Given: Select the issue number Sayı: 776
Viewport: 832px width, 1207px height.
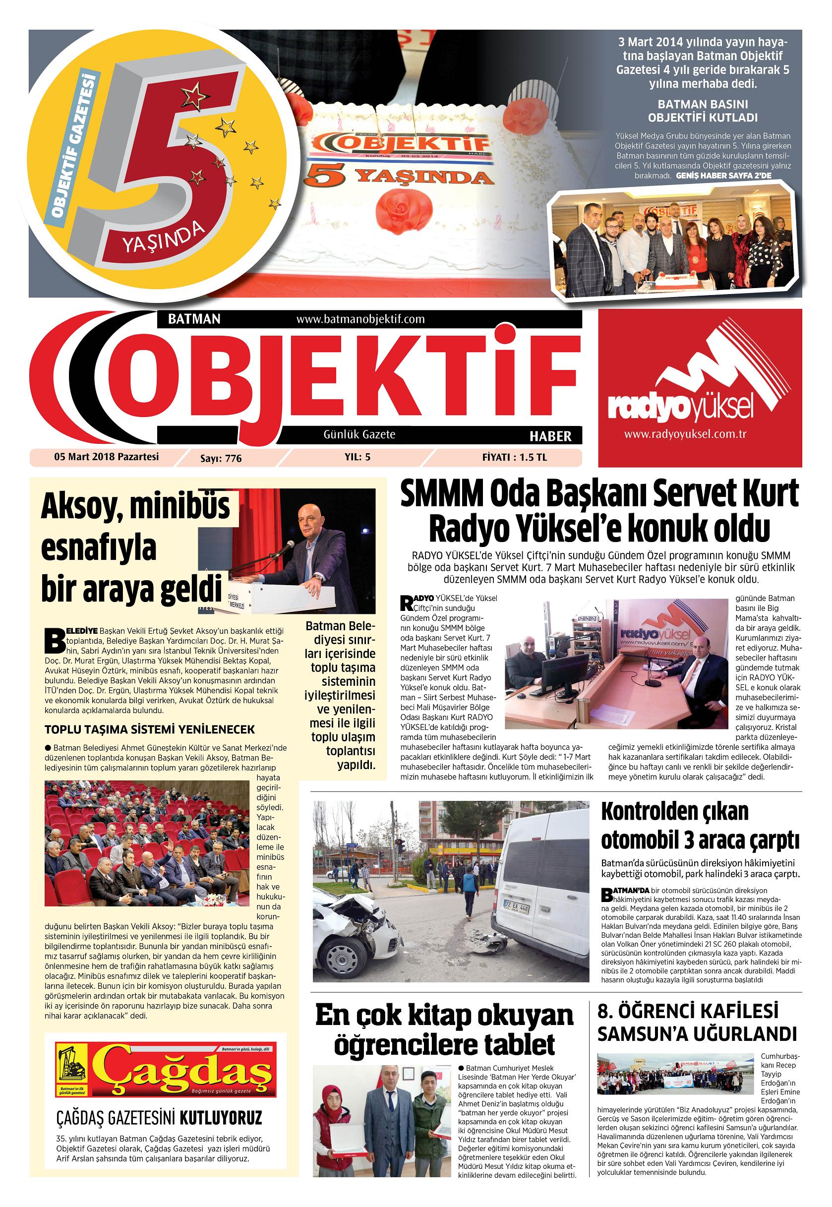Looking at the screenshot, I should (x=221, y=458).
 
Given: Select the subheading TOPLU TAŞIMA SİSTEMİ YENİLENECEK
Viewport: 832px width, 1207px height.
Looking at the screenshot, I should (x=150, y=728).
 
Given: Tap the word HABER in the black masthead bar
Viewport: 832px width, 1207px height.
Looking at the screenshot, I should (x=550, y=436).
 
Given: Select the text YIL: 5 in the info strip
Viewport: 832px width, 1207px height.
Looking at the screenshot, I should (x=357, y=457).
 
